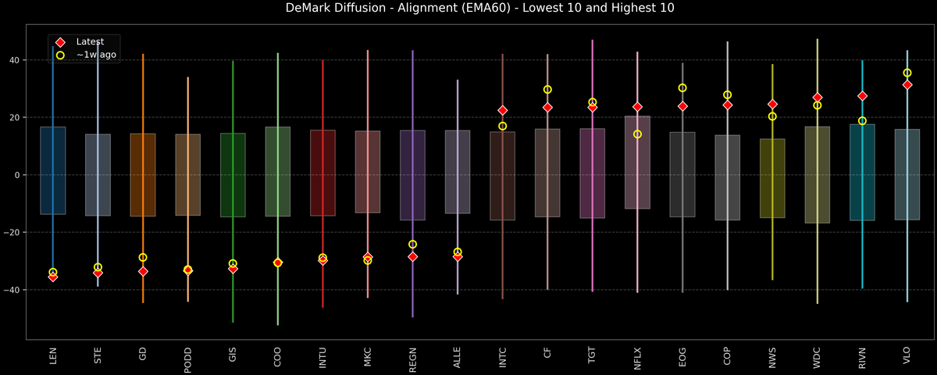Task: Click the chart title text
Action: point(468,9)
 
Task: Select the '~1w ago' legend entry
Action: point(91,55)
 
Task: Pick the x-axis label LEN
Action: point(53,356)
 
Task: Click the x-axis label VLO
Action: point(907,356)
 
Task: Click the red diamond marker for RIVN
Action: point(862,96)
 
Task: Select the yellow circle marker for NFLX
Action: point(637,134)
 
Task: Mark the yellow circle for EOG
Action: point(682,88)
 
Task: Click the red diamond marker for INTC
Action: point(502,111)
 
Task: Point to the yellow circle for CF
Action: point(547,90)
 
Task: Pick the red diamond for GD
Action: point(143,271)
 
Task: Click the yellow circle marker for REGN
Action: point(412,245)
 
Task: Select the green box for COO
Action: point(278,172)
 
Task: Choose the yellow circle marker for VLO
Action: point(907,73)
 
